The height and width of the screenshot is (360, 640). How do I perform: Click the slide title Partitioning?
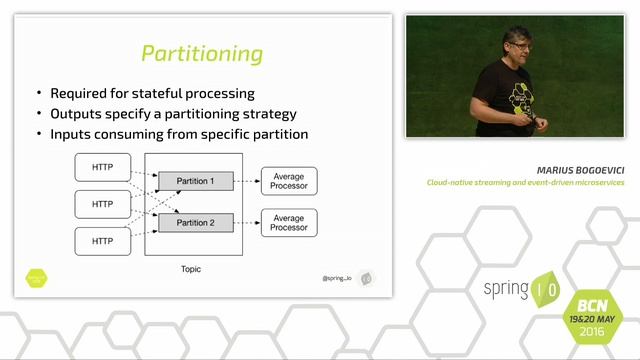click(x=201, y=53)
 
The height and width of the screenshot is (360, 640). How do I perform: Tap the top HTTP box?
click(x=102, y=166)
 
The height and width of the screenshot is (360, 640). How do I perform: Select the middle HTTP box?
click(x=102, y=204)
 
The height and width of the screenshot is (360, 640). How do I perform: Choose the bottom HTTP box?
click(x=102, y=241)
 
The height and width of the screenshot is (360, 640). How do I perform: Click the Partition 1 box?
click(x=195, y=181)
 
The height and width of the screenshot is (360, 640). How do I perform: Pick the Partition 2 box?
click(x=195, y=221)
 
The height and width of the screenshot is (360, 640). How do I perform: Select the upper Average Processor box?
click(x=289, y=181)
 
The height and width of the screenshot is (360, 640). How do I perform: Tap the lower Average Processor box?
click(x=289, y=221)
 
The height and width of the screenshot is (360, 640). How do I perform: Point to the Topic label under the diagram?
click(x=191, y=270)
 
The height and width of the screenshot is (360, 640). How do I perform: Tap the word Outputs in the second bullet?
click(x=77, y=114)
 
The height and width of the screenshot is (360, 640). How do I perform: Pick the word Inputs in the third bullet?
click(x=72, y=134)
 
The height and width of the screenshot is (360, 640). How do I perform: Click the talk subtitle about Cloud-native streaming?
click(x=525, y=183)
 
